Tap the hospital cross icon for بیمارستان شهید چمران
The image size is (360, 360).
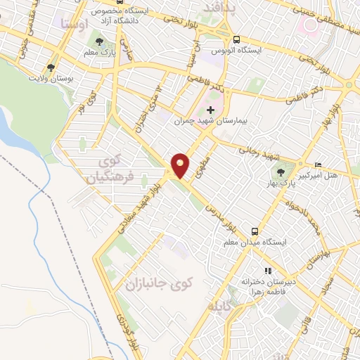pos(210,109)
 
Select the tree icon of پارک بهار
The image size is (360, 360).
pos(281,171)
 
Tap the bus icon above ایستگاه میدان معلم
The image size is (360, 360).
pos(255,231)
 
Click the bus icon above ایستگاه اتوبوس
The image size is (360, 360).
pos(237,39)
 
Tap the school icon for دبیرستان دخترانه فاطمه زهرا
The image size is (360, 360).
pos(267,271)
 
